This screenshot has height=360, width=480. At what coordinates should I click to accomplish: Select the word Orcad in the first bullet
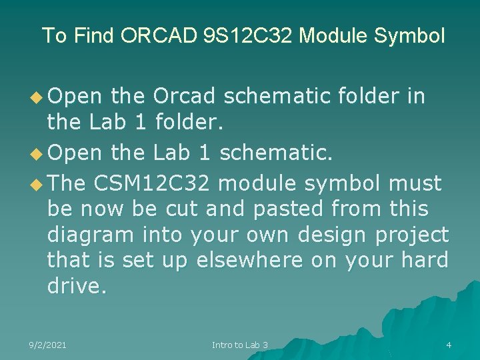pos(184,97)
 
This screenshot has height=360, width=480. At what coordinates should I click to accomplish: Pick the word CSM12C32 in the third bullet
pos(155,183)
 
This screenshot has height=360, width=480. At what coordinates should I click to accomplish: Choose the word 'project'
pos(411,235)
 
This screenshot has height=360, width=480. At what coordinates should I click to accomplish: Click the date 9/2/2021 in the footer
pos(47,345)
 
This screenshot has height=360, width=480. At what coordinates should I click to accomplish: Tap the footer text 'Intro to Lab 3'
pos(239,345)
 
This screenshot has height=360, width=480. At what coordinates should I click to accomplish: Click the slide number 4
pos(449,345)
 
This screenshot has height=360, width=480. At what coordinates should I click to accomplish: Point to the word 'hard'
pos(425,261)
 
